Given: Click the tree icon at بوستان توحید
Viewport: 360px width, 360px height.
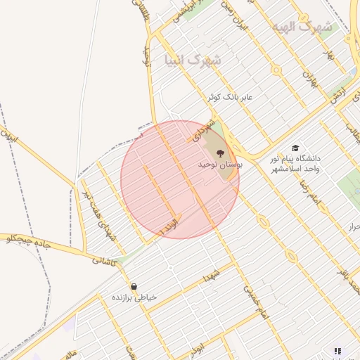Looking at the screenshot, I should point(220,152).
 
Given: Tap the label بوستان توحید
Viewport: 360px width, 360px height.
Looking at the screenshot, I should point(220,164).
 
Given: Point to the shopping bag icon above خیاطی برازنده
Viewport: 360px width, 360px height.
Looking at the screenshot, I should point(134,287).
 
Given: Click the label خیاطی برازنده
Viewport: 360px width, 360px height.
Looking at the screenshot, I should point(134,298).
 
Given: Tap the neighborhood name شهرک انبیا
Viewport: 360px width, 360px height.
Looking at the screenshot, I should point(191,60).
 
